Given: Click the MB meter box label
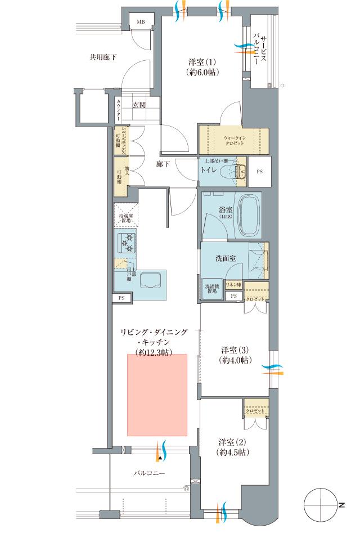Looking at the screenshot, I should [139, 21].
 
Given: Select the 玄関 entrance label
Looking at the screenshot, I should [139, 105].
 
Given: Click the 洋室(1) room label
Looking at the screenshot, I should [201, 66].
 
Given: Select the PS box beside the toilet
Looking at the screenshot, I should [259, 171].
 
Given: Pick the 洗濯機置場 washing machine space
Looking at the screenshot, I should [212, 289].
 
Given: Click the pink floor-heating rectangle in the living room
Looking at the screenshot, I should [157, 394].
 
